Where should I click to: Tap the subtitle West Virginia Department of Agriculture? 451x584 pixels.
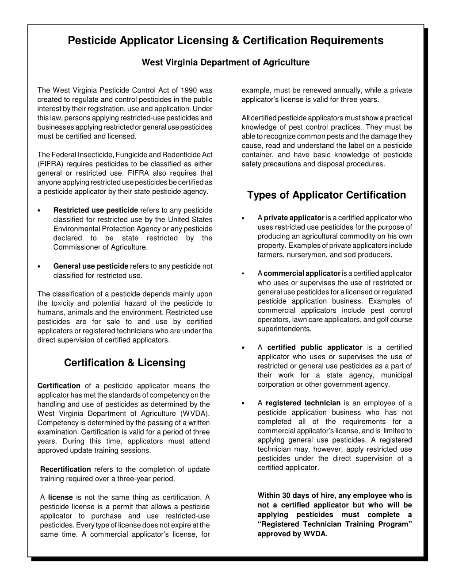225,62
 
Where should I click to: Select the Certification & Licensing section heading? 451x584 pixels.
125,363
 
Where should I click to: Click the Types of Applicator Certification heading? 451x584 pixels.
326,195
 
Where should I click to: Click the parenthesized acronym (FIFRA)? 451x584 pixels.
50,164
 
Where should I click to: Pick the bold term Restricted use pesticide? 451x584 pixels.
96,210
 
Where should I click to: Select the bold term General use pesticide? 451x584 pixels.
91,266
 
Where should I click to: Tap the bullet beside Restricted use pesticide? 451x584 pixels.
40,211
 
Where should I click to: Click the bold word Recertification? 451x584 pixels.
65,469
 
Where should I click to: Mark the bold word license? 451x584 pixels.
60,497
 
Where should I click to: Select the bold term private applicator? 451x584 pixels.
294,218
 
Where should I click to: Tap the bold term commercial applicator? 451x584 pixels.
302,273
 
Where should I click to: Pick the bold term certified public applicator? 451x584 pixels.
315,347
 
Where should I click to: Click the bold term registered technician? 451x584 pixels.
303,403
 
